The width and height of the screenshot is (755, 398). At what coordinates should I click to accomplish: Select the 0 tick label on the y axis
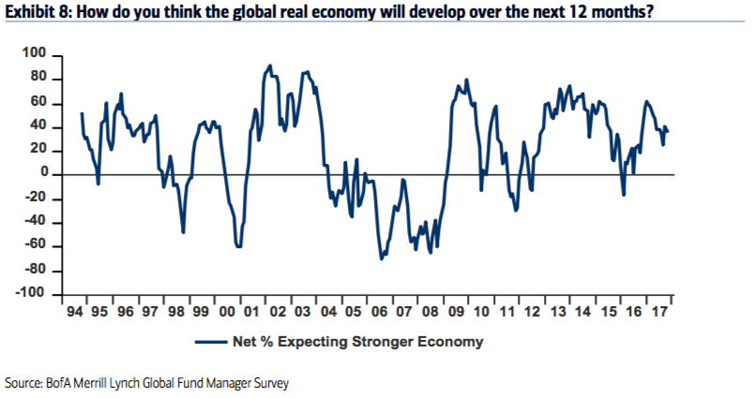(x=43, y=174)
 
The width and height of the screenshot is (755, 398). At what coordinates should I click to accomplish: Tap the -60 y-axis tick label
(x=37, y=246)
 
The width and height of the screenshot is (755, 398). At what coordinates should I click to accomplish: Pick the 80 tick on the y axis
(x=39, y=79)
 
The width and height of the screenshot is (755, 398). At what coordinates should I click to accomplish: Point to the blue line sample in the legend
(x=213, y=342)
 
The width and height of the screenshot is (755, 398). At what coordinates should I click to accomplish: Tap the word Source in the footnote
(x=23, y=383)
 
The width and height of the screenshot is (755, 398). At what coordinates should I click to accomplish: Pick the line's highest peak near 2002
(x=270, y=66)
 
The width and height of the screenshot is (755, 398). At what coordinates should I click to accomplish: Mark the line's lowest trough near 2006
(x=382, y=258)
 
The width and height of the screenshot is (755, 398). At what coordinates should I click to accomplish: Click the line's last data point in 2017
(x=668, y=131)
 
